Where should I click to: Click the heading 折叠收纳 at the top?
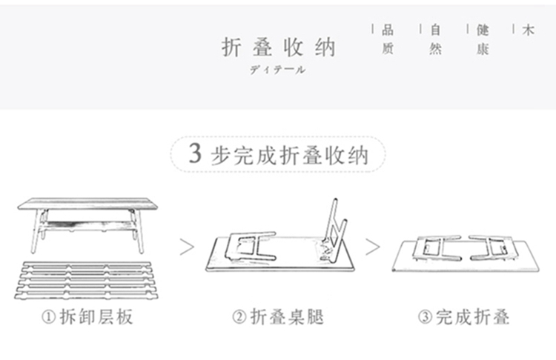pos(279,47)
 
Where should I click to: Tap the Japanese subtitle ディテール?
pos(277,70)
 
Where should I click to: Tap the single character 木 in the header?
pos(528,30)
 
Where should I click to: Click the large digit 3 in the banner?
pos(195,154)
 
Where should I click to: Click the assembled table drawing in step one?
pos(89,222)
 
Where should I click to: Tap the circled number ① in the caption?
pos(48,318)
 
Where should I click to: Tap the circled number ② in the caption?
pos(239,318)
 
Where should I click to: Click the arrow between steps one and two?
pos(188,246)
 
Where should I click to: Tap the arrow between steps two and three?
pos(372,246)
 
